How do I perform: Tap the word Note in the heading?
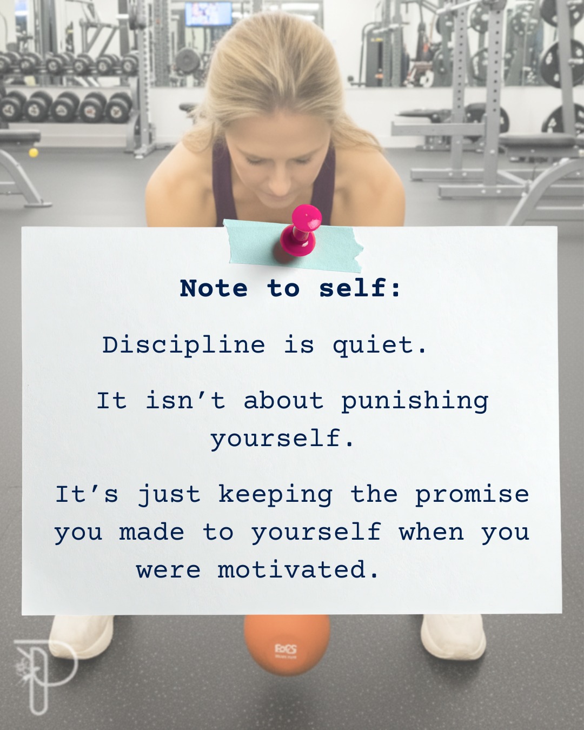click(214, 289)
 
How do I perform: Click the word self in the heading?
click(359, 289)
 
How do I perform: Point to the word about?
click(283, 401)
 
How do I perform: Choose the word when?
click(432, 533)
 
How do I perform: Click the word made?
click(151, 533)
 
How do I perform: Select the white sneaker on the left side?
click(81, 636)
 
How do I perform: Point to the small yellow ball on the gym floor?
click(34, 152)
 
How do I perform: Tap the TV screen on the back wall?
click(208, 13)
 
